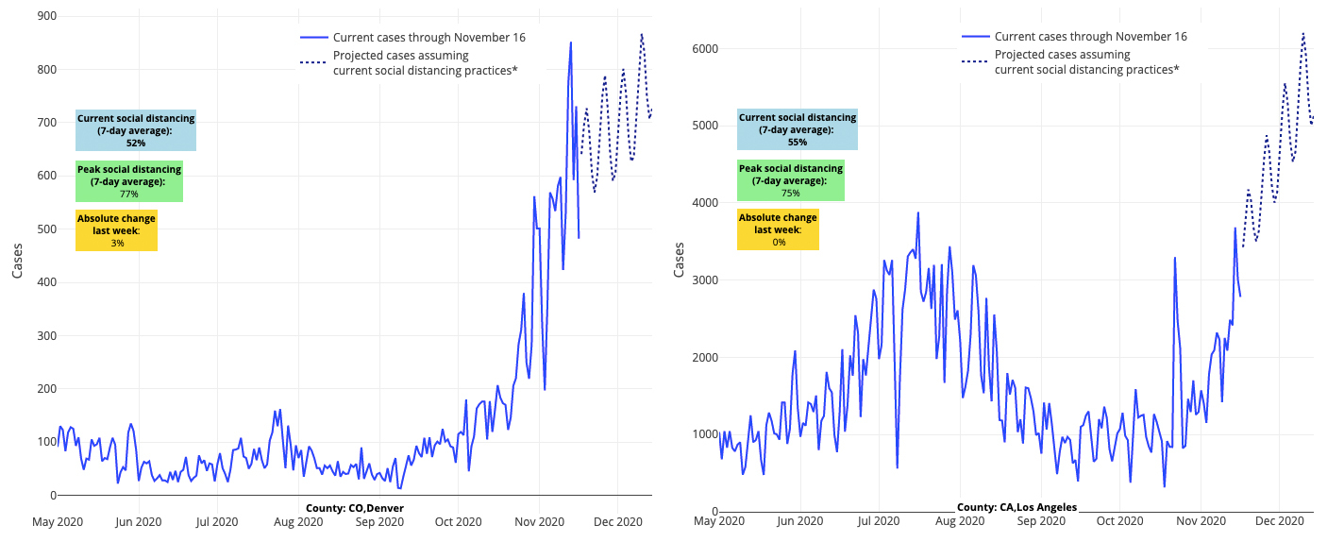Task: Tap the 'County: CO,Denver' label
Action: [x=354, y=508]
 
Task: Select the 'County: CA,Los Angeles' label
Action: [x=1016, y=507]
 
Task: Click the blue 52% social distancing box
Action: [x=136, y=130]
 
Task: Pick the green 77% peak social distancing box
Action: [x=128, y=181]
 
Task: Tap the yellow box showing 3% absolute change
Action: [x=116, y=230]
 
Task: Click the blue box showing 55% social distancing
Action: [x=798, y=129]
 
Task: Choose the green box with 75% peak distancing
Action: [x=790, y=180]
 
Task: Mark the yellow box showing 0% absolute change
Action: [x=778, y=229]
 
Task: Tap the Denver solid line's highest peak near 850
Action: [x=570, y=42]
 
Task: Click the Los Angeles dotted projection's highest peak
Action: [x=1303, y=34]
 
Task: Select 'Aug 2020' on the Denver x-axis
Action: [x=298, y=521]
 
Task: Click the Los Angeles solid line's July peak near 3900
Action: [x=917, y=213]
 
